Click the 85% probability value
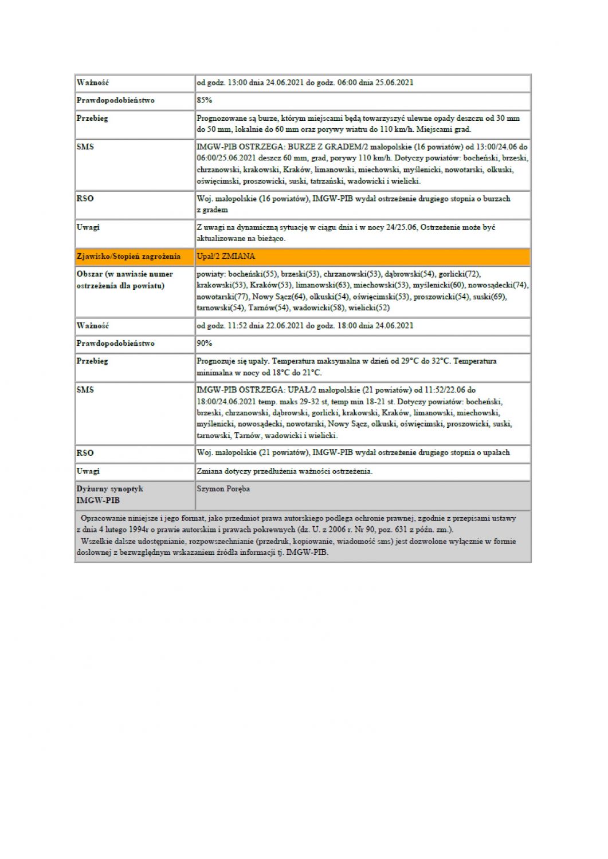pyautogui.click(x=205, y=100)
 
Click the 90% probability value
pyautogui.click(x=205, y=344)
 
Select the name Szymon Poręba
pyautogui.click(x=223, y=489)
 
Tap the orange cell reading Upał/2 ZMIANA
pyautogui.click(x=226, y=257)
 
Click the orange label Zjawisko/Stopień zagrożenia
pyautogui.click(x=128, y=257)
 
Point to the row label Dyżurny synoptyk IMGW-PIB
pyautogui.click(x=109, y=495)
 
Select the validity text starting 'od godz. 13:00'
pyautogui.click(x=304, y=82)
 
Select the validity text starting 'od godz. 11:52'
pyautogui.click(x=304, y=326)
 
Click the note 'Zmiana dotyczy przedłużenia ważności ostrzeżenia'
pyautogui.click(x=284, y=471)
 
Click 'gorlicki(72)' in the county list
pyautogui.click(x=458, y=274)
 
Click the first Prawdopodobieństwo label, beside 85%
pyautogui.click(x=115, y=100)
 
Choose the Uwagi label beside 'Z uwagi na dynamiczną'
pyautogui.click(x=88, y=227)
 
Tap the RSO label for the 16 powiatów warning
pyautogui.click(x=85, y=199)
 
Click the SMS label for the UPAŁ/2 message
pyautogui.click(x=85, y=390)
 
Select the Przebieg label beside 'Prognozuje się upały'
pyautogui.click(x=92, y=361)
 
